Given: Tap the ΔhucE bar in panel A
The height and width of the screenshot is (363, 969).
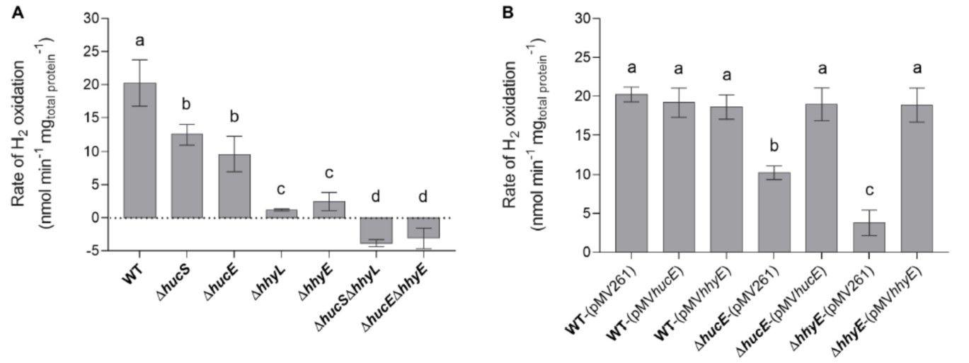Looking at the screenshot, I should [234, 185].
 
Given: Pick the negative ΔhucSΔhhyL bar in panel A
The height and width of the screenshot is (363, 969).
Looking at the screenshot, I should [376, 230].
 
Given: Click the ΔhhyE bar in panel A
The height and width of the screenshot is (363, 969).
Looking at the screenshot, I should [328, 209].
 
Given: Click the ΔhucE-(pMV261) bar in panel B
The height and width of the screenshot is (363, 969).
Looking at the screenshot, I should [774, 212].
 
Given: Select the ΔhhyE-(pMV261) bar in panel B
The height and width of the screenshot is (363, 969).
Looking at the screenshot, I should [869, 237].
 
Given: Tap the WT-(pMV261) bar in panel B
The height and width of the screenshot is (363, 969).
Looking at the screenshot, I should [631, 173].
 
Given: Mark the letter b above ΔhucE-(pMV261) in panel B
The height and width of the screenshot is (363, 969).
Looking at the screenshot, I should [774, 146].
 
